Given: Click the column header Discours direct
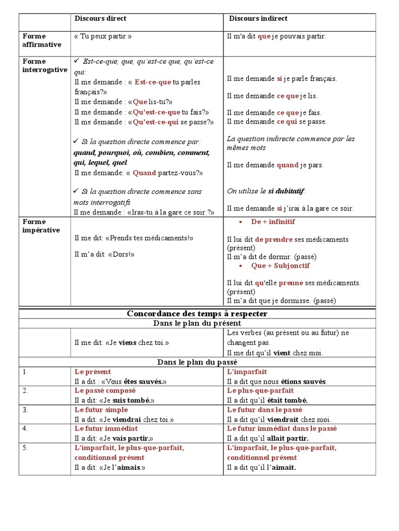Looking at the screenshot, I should click(100, 19).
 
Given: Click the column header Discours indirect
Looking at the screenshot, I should click(258, 19).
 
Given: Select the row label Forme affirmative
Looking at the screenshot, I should click(42, 40).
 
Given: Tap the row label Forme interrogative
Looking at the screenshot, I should click(45, 65).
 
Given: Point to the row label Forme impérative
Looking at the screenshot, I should click(41, 226).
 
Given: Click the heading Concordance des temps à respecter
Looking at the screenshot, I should click(197, 314).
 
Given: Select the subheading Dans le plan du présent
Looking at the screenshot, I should click(197, 323).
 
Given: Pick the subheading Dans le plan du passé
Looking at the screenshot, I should click(197, 362).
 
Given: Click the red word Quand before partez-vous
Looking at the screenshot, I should click(145, 173).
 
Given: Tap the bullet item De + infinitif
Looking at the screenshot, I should click(273, 221).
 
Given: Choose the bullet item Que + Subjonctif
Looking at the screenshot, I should click(280, 265).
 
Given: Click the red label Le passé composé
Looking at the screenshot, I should click(105, 390).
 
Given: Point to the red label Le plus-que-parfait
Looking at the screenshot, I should click(260, 390).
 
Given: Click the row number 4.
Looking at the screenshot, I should click(25, 428).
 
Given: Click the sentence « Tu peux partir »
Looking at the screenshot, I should click(103, 36).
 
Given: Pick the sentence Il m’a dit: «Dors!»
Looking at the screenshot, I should click(104, 255).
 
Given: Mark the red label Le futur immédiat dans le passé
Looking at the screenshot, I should click(282, 429).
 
